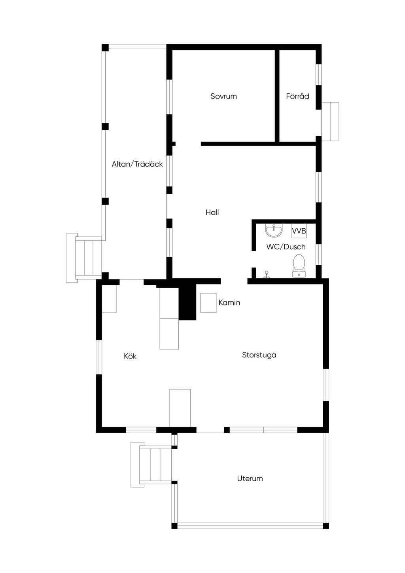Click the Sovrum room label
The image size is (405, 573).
point(223,96)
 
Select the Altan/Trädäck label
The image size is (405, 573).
point(137,164)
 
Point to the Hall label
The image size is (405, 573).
point(212,213)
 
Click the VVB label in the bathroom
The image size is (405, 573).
point(299,231)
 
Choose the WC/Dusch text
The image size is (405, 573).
point(286,247)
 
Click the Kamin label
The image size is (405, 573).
point(229,303)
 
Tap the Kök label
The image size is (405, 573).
point(130,356)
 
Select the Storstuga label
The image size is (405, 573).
point(259,355)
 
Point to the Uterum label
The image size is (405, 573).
point(250,478)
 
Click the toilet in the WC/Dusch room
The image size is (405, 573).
point(299,266)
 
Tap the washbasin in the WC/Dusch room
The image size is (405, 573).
point(274,230)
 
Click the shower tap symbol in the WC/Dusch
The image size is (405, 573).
point(267,275)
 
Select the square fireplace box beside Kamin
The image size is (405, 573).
point(208,303)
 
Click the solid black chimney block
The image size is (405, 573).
point(187,302)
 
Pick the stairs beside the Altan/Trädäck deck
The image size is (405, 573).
point(84,258)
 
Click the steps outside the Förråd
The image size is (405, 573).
point(330,121)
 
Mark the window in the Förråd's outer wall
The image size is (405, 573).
point(318,74)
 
